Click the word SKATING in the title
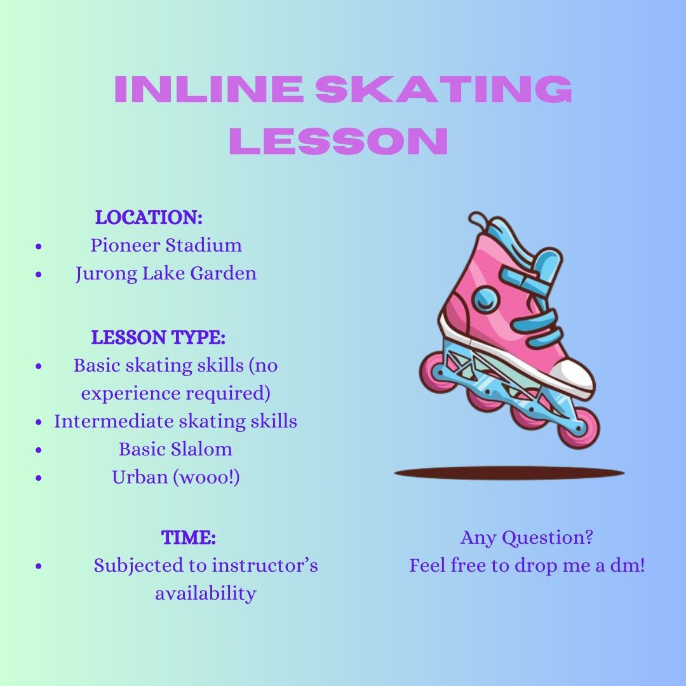[x=443, y=90]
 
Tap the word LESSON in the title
[x=338, y=141]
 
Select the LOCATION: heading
[x=149, y=217]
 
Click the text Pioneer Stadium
[x=166, y=245]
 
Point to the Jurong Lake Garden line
[x=166, y=274]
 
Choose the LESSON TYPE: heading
[x=158, y=337]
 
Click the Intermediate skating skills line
[x=175, y=421]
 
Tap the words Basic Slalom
[x=175, y=449]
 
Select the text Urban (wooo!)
[x=176, y=477]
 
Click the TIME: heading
[x=189, y=537]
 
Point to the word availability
[x=206, y=593]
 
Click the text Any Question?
[x=527, y=537]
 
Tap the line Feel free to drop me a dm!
[x=527, y=565]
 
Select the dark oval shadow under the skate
[x=509, y=473]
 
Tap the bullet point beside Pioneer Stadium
[x=39, y=246]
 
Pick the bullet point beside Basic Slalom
[x=39, y=450]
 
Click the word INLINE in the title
[x=210, y=90]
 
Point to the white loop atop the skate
[x=478, y=220]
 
